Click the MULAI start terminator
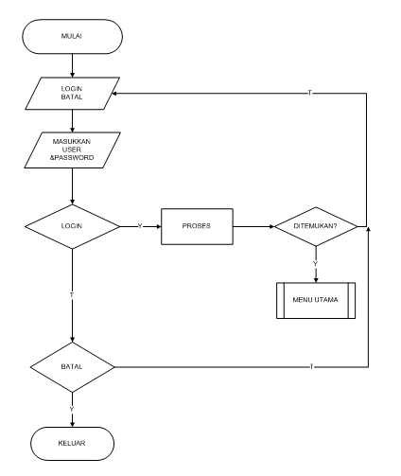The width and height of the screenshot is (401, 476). pos(73,40)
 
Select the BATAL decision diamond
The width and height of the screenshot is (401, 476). pos(73,365)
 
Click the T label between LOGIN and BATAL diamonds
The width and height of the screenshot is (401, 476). pos(73,296)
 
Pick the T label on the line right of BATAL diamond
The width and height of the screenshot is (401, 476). pos(311,365)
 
